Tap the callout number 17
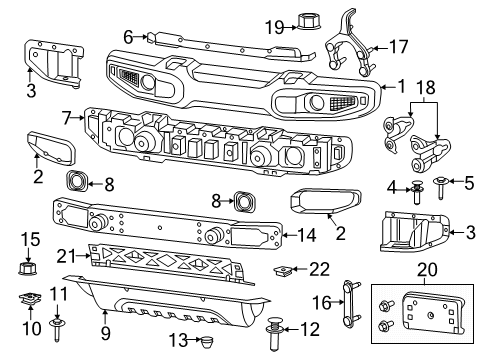[398, 46]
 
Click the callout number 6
[128, 36]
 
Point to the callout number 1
[401, 87]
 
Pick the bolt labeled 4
[415, 192]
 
